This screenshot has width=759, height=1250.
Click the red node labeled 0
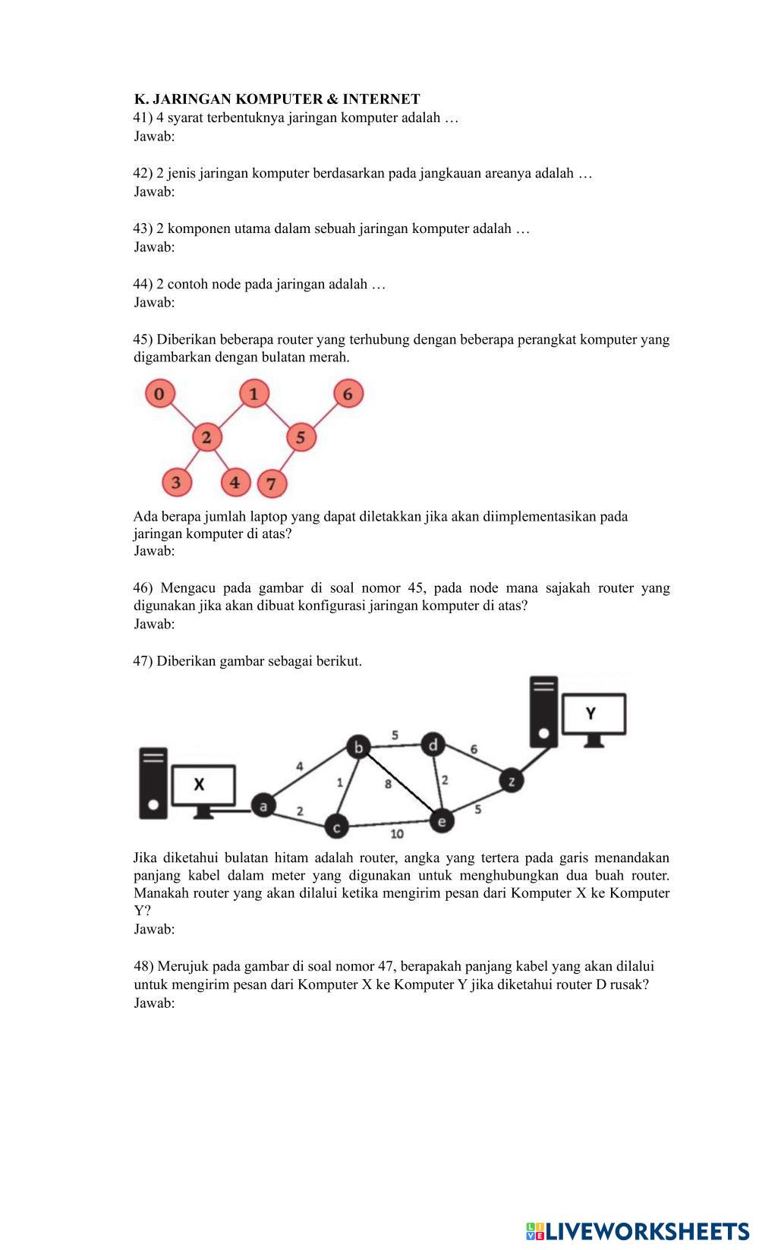(159, 394)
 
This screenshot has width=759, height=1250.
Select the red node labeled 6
(348, 394)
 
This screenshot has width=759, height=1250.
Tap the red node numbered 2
(206, 437)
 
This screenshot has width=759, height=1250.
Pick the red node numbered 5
(301, 437)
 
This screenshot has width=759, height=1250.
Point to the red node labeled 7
(272, 483)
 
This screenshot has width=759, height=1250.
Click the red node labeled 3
(176, 483)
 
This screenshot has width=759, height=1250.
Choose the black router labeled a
(263, 805)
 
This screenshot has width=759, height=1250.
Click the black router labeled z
(512, 780)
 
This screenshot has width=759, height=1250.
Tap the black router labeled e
(441, 820)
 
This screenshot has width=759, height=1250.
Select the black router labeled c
(336, 826)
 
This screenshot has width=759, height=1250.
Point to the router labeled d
(433, 745)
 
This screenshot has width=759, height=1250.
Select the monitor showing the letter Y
(594, 715)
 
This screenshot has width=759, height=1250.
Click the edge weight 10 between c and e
(397, 835)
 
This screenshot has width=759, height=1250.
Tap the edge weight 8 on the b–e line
(388, 784)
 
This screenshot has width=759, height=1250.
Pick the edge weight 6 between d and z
(474, 750)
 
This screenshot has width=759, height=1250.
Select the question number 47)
(143, 661)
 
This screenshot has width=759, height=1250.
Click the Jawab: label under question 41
(154, 137)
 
